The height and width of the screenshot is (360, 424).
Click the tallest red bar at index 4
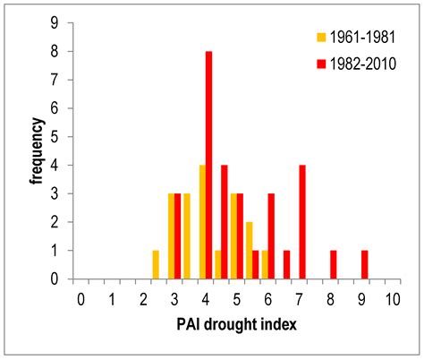click(208, 165)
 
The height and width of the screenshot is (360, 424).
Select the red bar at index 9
click(364, 264)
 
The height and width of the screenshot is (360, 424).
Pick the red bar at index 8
click(333, 264)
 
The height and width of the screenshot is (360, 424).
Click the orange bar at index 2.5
click(156, 264)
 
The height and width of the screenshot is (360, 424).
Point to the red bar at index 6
click(271, 236)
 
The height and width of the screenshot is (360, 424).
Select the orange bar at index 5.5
click(249, 250)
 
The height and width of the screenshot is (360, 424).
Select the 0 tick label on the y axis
click(55, 279)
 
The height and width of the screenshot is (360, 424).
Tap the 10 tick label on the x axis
click(392, 298)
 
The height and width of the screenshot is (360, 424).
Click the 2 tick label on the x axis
click(143, 298)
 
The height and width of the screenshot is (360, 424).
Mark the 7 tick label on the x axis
click(299, 298)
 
